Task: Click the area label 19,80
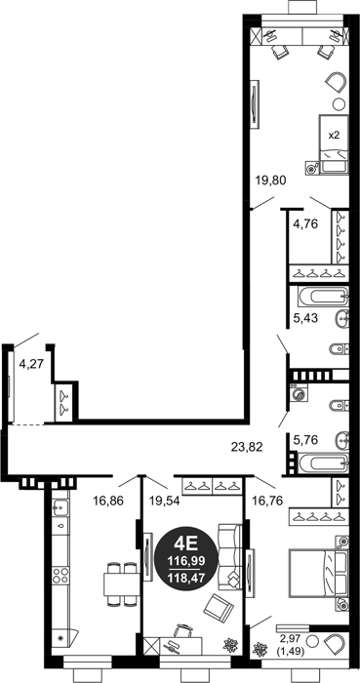[x=270, y=180]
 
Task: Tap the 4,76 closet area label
[x=305, y=224]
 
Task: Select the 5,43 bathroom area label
[x=305, y=318]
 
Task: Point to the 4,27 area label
[x=32, y=363]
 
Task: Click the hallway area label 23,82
[x=247, y=447]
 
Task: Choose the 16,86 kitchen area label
[x=108, y=501]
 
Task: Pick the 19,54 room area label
[x=165, y=501]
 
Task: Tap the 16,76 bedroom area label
[x=267, y=501]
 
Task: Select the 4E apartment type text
[x=186, y=544]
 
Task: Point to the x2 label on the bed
[x=334, y=135]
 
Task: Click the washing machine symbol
[x=299, y=394]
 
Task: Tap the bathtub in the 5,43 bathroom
[x=323, y=297]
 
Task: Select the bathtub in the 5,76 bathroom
[x=323, y=463]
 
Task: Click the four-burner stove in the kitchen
[x=60, y=576]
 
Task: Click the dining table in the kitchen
[x=121, y=584]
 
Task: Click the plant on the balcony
[x=260, y=650]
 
